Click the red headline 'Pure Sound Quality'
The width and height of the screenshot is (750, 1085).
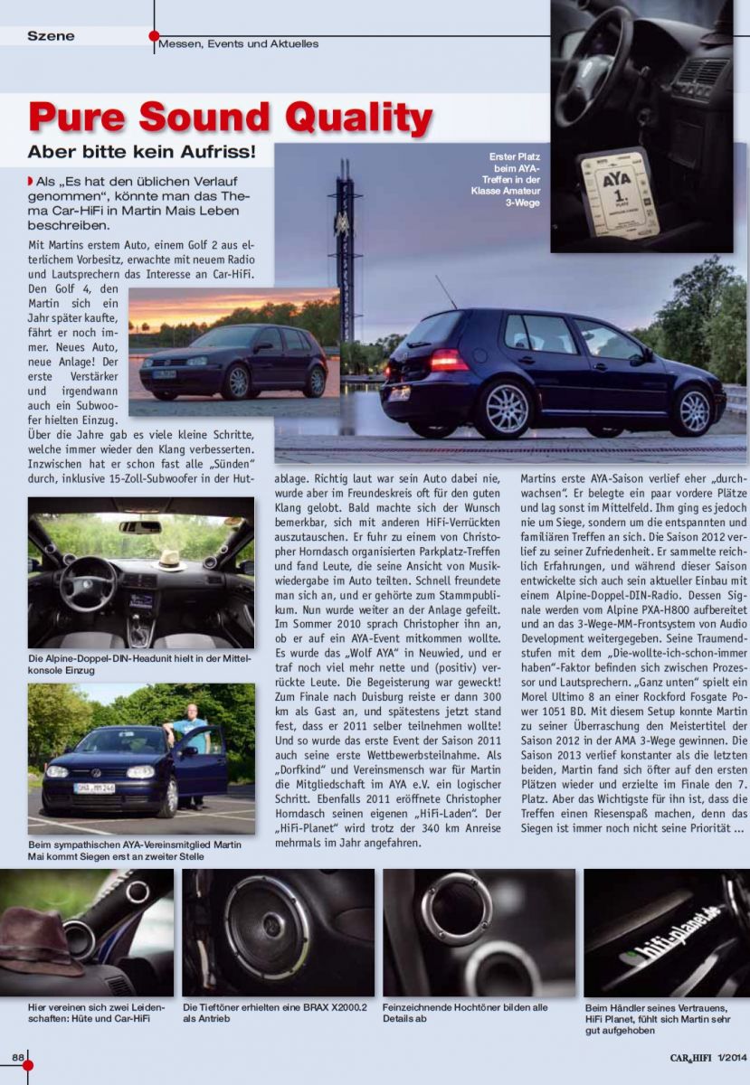pyautogui.click(x=231, y=118)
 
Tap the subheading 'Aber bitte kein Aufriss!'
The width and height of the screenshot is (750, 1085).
pyautogui.click(x=141, y=153)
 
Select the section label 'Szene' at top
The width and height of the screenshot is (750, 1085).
pyautogui.click(x=51, y=36)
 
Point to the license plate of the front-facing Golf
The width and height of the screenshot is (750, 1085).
pyautogui.click(x=94, y=788)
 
